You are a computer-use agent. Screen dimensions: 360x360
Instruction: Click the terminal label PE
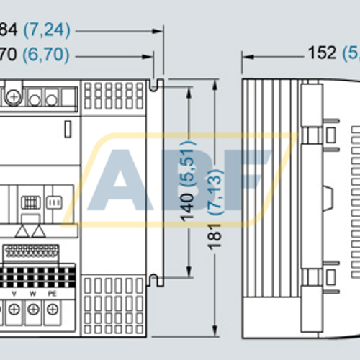coord(53,293)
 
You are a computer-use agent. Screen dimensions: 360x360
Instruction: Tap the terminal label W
coord(33,293)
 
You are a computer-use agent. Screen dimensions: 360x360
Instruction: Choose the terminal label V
coord(14,293)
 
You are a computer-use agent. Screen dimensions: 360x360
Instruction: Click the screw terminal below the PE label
coord(53,310)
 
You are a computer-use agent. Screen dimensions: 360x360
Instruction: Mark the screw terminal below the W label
coord(33,310)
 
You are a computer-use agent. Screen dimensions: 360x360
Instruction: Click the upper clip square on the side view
coord(330,135)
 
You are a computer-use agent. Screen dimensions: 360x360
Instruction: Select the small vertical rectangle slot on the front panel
coord(67,130)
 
